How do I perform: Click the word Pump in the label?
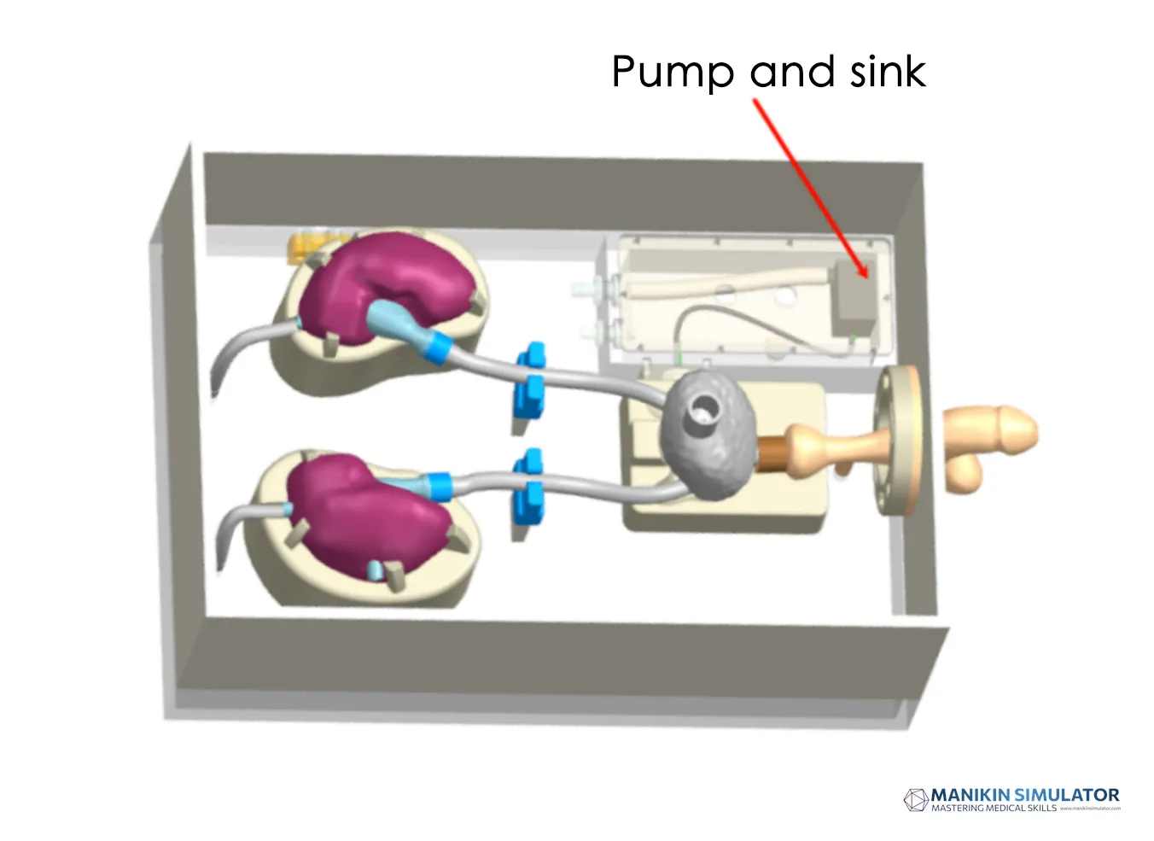672,72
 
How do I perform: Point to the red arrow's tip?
866,277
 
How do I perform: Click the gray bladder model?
708,436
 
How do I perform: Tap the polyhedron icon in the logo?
916,800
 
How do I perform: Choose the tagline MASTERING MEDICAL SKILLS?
994,809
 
